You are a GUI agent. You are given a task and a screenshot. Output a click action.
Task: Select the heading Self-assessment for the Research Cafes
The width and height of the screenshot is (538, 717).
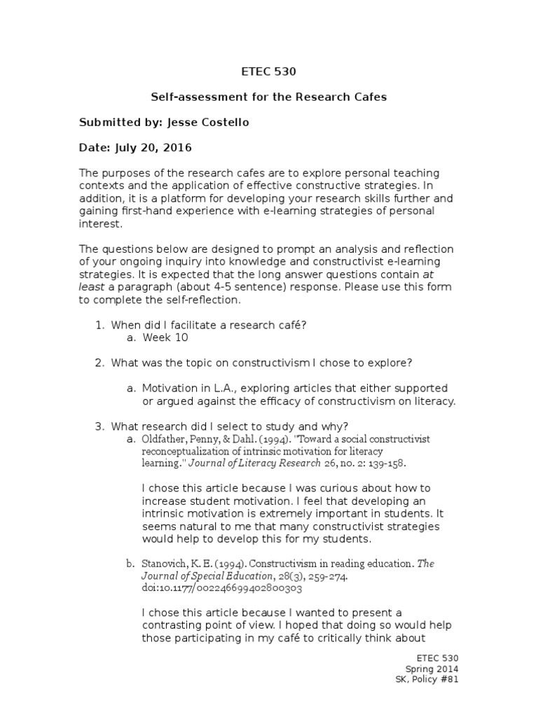click(x=269, y=97)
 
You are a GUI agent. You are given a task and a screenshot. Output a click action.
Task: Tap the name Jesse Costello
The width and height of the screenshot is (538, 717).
click(x=208, y=123)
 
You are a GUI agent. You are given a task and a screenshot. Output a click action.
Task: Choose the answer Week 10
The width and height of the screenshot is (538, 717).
click(x=165, y=337)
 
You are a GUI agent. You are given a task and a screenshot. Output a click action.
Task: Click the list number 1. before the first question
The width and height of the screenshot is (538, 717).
click(x=99, y=324)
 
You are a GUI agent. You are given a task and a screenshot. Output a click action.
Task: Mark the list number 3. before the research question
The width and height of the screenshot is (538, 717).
click(x=99, y=426)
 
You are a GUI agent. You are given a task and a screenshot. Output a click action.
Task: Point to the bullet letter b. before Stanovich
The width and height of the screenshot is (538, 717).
click(x=130, y=564)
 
